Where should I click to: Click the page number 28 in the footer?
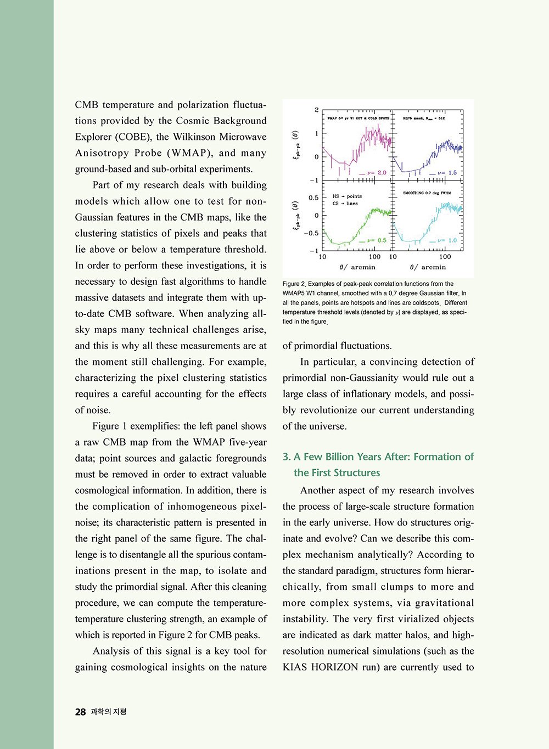point(80,712)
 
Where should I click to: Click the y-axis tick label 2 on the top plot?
point(317,110)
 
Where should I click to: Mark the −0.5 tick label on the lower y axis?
point(311,233)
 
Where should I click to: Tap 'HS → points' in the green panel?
point(347,196)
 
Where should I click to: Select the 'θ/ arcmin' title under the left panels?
point(357,267)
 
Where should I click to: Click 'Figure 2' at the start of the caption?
point(293,284)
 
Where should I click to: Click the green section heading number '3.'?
point(287,457)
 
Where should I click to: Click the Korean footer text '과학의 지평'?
point(109,712)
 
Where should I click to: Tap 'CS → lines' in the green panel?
point(345,204)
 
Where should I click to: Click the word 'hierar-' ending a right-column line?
point(458,571)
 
